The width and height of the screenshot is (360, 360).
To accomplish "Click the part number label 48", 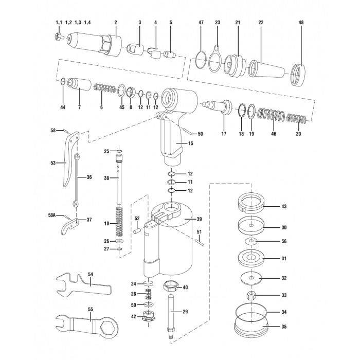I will point(301,23).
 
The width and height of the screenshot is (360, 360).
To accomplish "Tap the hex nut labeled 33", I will point(251,296).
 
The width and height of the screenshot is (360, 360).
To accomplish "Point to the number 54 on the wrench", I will point(90,275).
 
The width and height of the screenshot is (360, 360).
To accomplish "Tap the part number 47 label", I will point(201,23).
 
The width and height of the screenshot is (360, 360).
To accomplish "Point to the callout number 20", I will point(298,134).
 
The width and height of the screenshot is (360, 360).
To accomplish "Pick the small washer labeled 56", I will point(251,241).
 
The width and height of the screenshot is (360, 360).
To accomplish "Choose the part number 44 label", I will point(63,107).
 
